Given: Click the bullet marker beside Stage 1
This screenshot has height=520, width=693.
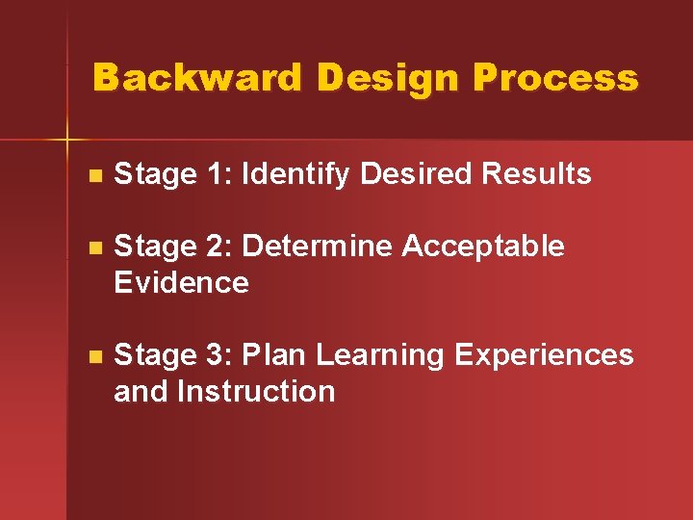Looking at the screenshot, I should point(92,176).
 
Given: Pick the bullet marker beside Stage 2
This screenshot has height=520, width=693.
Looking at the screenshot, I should point(92,248).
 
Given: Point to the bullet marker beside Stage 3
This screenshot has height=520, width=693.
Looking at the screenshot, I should point(92,357).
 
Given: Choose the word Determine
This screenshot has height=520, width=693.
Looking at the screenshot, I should point(318,247).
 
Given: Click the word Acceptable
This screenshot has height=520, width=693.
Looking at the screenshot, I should point(483,247).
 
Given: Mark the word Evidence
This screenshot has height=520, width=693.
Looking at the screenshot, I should point(181,283).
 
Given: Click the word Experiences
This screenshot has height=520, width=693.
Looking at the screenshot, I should point(544,356).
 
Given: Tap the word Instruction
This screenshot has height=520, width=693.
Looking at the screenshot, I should point(256,392).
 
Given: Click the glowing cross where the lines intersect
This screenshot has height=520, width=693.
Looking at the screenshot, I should point(67,141).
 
